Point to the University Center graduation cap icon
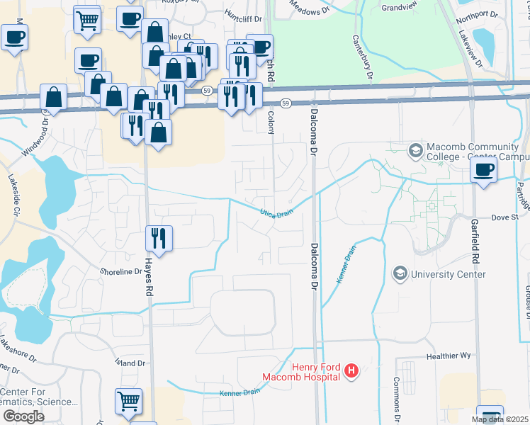click(400, 273)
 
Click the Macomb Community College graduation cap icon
click(415, 150)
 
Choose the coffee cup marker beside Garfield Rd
click(484, 171)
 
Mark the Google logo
click(23, 416)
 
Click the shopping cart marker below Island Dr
click(129, 401)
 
